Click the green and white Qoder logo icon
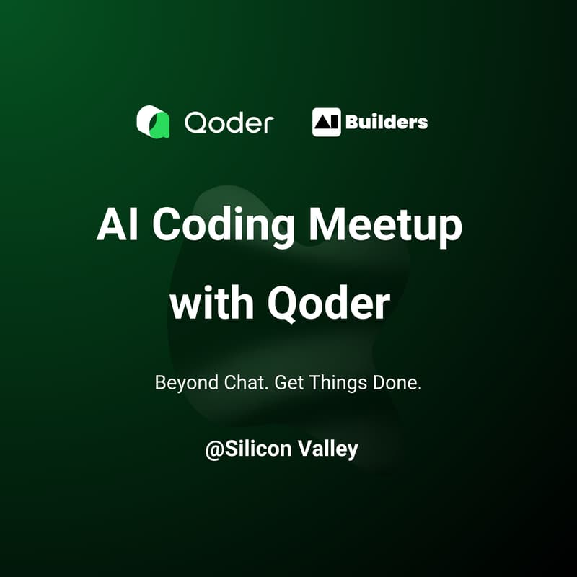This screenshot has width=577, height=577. pyautogui.click(x=153, y=122)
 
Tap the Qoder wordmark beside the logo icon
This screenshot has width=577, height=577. pyautogui.click(x=229, y=123)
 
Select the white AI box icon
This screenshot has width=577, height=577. pyautogui.click(x=326, y=122)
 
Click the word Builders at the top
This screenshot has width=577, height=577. pyautogui.click(x=387, y=122)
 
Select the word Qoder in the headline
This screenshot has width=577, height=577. pyautogui.click(x=329, y=304)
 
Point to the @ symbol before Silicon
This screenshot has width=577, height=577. pyautogui.click(x=213, y=449)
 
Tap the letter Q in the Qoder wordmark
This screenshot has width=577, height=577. pyautogui.click(x=195, y=123)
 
